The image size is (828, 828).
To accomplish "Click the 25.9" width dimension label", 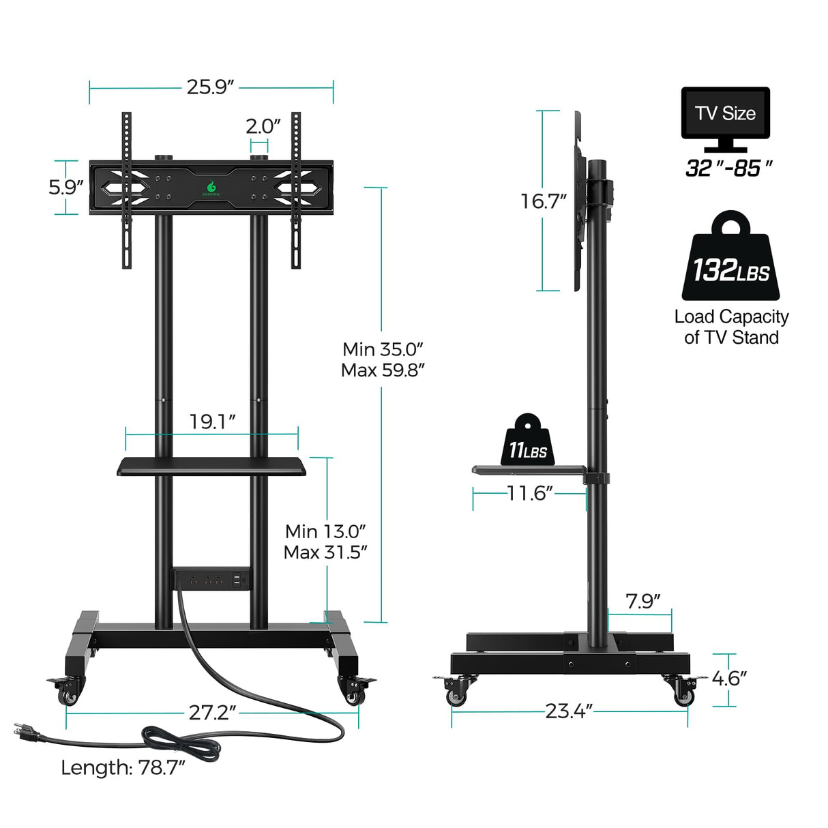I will [x=211, y=87].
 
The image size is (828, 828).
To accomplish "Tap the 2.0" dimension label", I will [x=263, y=126].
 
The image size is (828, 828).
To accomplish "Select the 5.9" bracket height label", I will [x=66, y=188].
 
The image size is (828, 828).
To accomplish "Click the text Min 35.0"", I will [x=383, y=349].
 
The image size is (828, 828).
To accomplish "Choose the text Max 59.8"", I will [x=383, y=370].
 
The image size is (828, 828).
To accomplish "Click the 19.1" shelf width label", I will [x=212, y=422].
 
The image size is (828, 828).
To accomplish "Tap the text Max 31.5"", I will [x=325, y=552].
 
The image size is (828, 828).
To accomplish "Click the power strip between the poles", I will [x=211, y=580].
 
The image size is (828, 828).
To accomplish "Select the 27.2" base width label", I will [x=212, y=712].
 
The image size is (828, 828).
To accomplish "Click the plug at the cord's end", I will [x=26, y=734].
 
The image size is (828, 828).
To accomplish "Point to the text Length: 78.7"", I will [x=123, y=767].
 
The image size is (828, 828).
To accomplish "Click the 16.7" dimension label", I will [x=543, y=201].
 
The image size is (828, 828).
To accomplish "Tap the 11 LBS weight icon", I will [x=527, y=441].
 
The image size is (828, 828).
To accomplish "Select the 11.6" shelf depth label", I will [x=529, y=493].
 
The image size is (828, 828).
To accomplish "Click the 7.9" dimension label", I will [x=643, y=601].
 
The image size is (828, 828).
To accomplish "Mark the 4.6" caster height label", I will [x=729, y=678].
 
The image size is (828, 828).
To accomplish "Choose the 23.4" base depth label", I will [x=569, y=711].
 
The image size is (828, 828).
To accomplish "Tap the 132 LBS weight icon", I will [x=730, y=259].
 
